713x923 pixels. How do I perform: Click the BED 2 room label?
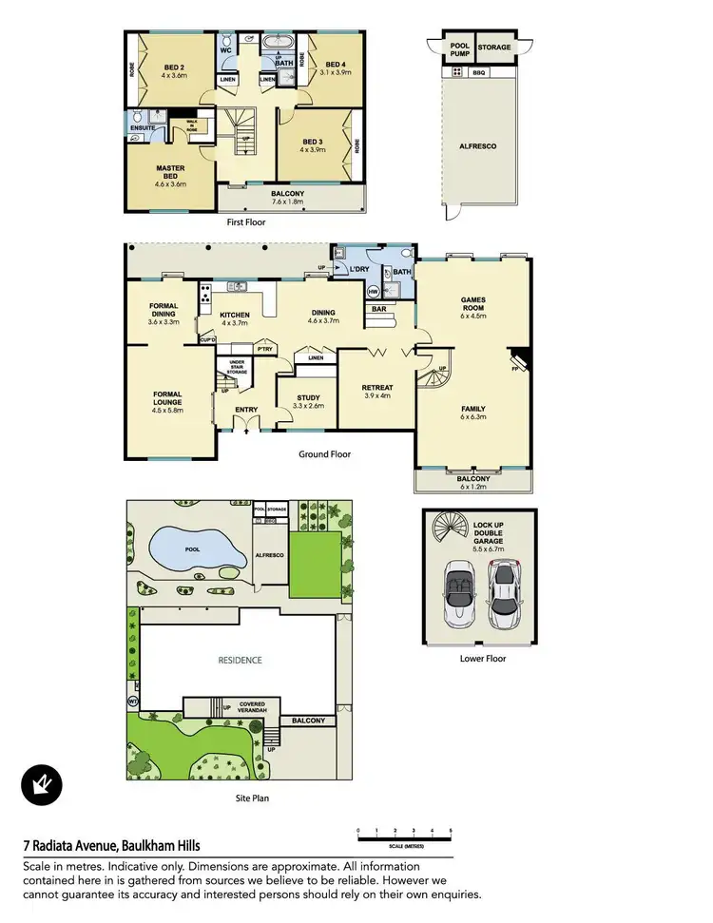point(173,67)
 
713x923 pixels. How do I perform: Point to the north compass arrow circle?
point(42,785)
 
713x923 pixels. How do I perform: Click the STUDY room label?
point(308,399)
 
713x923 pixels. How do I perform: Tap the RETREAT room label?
point(376,388)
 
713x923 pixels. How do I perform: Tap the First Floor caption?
point(245,222)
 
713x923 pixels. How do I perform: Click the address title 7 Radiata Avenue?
point(111,845)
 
